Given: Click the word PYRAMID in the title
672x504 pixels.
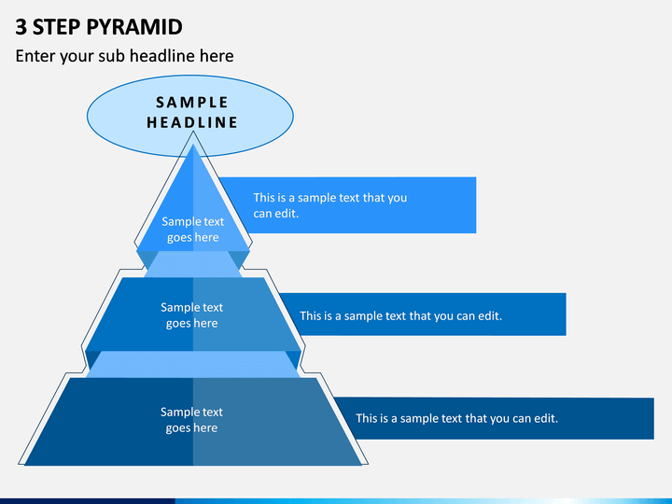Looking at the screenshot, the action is pyautogui.click(x=134, y=27).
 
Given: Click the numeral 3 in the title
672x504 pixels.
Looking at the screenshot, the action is pyautogui.click(x=21, y=27).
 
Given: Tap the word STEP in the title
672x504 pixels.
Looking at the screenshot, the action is pyautogui.click(x=56, y=27).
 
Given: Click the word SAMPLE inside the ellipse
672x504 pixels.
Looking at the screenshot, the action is pyautogui.click(x=191, y=103).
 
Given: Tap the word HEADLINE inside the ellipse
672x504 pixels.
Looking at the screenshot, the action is pyautogui.click(x=191, y=122).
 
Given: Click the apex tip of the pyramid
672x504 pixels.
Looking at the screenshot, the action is pyautogui.click(x=193, y=144).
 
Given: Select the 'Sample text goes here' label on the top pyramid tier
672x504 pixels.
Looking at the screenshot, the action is pyautogui.click(x=193, y=230).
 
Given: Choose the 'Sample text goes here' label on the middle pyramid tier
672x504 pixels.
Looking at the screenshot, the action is pyautogui.click(x=191, y=315).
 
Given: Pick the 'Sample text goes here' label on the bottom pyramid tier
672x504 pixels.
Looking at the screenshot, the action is pyautogui.click(x=191, y=420).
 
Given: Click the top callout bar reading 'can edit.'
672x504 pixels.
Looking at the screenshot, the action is pyautogui.click(x=275, y=214).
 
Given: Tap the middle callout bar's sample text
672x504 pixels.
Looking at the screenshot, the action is pyautogui.click(x=400, y=315).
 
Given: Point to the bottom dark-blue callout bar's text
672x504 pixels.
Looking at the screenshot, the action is pyautogui.click(x=456, y=418).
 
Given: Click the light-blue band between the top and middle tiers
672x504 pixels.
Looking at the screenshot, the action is pyautogui.click(x=193, y=264).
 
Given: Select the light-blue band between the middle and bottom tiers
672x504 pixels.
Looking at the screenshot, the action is pyautogui.click(x=193, y=365).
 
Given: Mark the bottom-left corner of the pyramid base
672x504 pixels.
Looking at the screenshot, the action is pyautogui.click(x=25, y=465).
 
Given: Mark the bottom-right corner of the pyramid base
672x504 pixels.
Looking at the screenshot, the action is pyautogui.click(x=362, y=465).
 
